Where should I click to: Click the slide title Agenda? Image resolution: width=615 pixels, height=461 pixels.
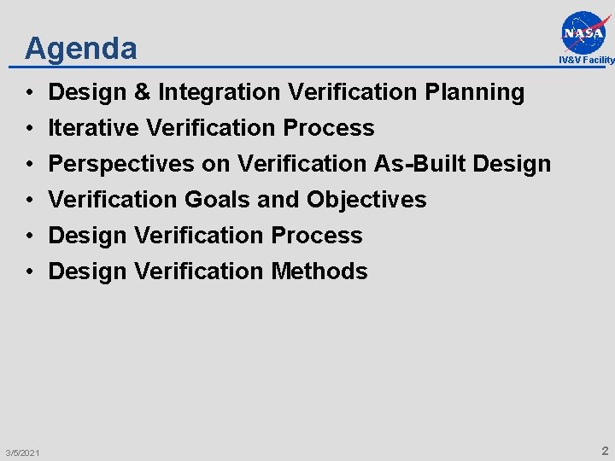(x=81, y=48)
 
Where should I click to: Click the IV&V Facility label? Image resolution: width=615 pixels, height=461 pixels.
(x=587, y=60)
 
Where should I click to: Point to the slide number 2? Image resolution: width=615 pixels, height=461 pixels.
(x=605, y=450)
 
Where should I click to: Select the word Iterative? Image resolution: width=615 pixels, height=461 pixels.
(x=94, y=128)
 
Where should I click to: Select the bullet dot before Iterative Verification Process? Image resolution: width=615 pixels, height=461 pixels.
(x=29, y=128)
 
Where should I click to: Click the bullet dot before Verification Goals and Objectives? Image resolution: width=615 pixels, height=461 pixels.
(x=29, y=200)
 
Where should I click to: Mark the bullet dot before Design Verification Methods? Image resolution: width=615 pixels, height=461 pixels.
(x=29, y=271)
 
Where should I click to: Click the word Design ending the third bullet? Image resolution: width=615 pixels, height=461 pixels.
(x=512, y=164)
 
